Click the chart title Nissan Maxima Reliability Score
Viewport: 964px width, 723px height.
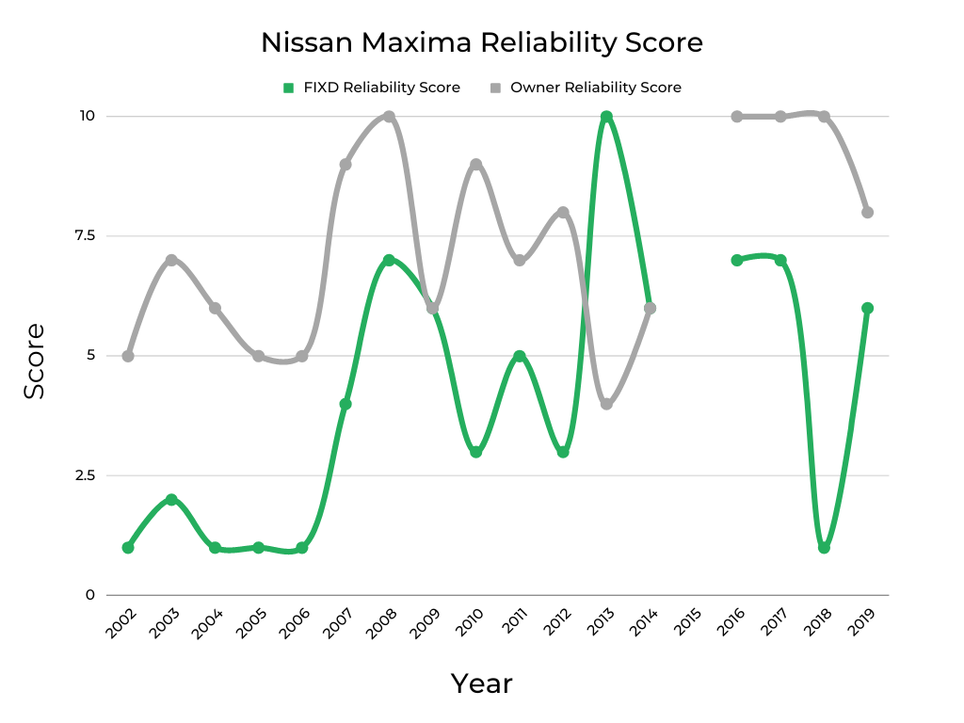[x=481, y=42]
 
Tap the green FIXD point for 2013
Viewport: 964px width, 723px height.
[x=606, y=117]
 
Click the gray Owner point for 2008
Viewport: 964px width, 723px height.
[x=389, y=117]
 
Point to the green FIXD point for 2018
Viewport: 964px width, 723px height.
[x=824, y=547]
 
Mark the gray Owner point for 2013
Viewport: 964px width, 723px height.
[x=606, y=404]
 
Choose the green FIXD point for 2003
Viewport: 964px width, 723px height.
[x=171, y=499]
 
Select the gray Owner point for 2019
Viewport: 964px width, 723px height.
[x=867, y=212]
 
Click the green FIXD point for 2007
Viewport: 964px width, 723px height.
[x=345, y=403]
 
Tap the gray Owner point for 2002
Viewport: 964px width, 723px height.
[x=128, y=356]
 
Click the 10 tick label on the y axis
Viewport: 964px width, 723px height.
[x=87, y=116]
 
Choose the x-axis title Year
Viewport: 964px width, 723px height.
[x=481, y=683]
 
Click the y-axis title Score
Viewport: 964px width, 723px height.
[x=35, y=361]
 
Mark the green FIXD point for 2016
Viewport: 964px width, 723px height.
[x=737, y=260]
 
